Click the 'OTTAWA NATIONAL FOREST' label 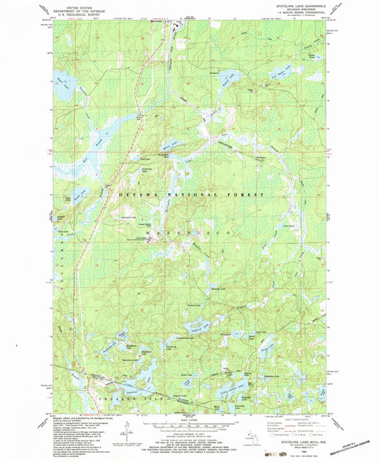point(185,194)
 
